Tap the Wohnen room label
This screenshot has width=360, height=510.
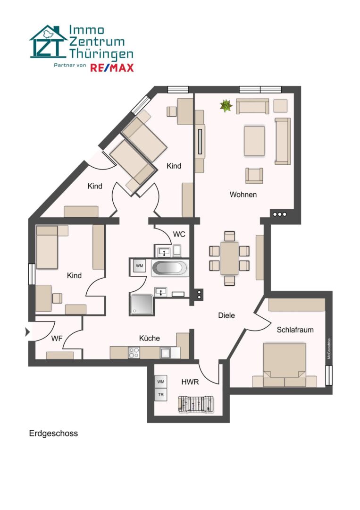[x=243, y=194]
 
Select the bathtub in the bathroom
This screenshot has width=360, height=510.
[x=169, y=268]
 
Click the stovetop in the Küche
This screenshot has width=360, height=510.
[x=134, y=352]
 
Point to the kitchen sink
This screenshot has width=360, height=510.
[x=166, y=352]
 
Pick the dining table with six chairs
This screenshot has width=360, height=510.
[x=230, y=258]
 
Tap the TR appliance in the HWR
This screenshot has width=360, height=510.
[x=161, y=394]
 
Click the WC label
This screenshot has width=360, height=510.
[x=179, y=234]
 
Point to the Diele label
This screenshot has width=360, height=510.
[x=226, y=315]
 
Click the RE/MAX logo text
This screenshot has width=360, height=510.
[x=112, y=67]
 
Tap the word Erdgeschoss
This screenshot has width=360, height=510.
[x=53, y=433]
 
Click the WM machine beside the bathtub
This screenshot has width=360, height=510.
[x=140, y=266]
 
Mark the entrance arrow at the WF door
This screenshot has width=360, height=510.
[x=27, y=332]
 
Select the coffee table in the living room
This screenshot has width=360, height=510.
[x=254, y=140]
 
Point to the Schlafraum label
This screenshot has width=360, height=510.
[x=295, y=330]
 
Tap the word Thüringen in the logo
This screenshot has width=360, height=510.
[x=101, y=53]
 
